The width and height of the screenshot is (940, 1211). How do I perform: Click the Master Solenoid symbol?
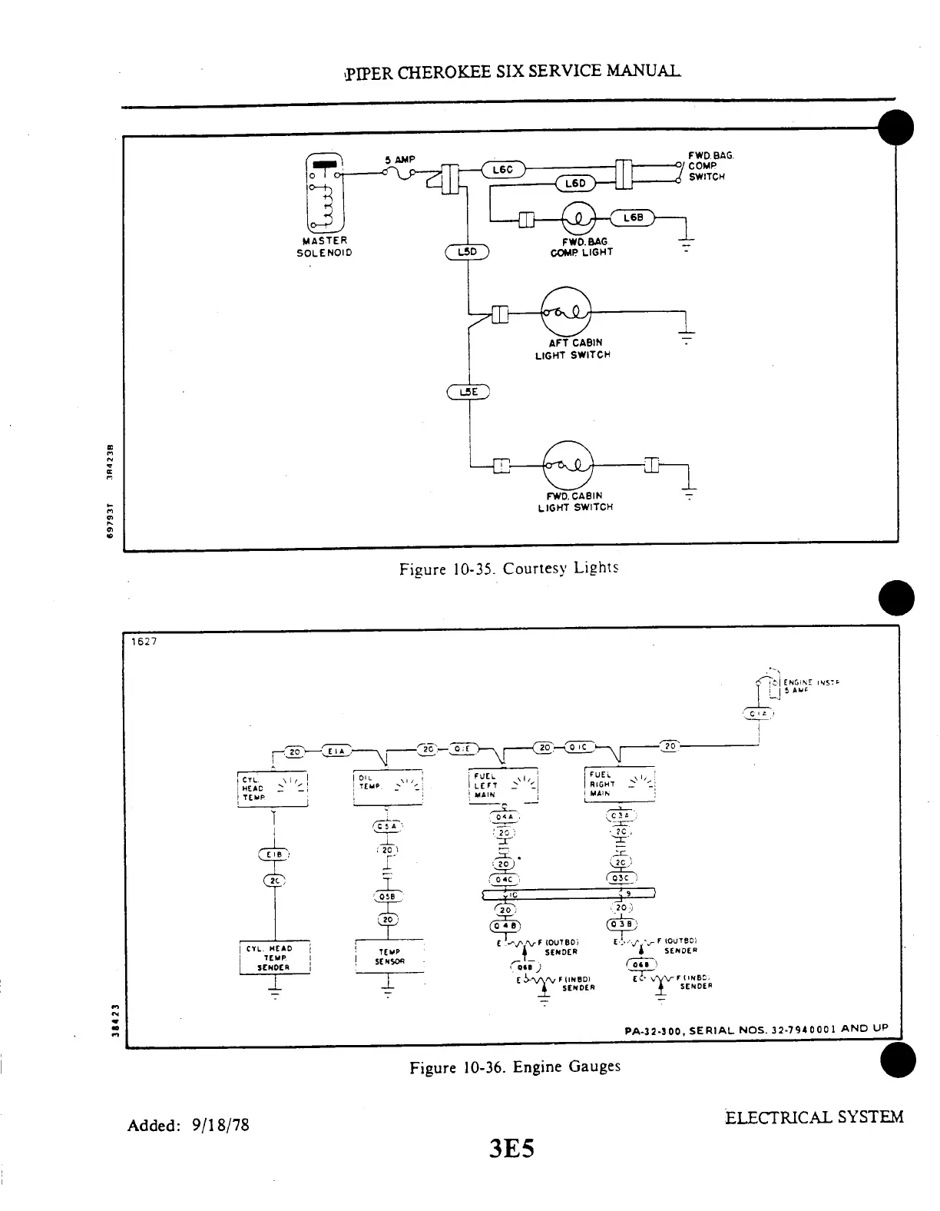coord(325,193)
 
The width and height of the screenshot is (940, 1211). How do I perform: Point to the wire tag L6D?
coord(575,183)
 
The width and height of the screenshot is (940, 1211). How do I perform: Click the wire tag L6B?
coord(633,218)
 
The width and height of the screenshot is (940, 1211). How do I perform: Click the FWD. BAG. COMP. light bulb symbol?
coord(581,219)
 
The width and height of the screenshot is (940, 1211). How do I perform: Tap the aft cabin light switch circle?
coord(565,311)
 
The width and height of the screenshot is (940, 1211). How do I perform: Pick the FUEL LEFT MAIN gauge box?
coord(503,785)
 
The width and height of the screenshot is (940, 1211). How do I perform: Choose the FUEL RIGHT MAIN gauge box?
coord(619,785)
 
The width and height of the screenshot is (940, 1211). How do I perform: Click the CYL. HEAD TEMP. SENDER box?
coord(274,957)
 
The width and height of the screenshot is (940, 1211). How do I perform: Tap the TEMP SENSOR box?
coord(389,957)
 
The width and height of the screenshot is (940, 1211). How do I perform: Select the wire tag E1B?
coord(273,854)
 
